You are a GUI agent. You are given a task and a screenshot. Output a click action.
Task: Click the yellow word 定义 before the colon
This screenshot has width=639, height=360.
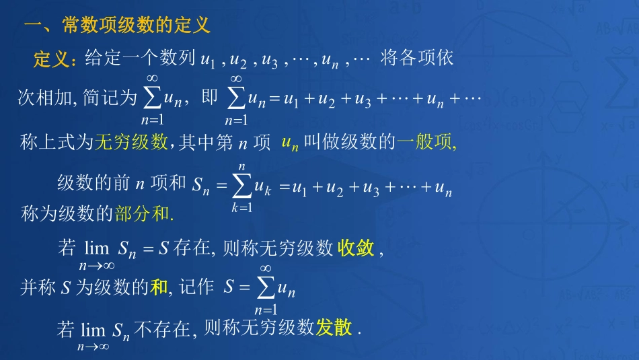51,59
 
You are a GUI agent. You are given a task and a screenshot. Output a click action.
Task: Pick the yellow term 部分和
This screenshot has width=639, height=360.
143,215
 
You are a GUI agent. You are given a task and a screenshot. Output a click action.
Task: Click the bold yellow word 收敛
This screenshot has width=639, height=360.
356,249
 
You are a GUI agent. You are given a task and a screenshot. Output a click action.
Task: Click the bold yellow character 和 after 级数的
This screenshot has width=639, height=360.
159,288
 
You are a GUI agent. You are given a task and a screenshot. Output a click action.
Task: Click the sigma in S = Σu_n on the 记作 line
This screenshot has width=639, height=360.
266,288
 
